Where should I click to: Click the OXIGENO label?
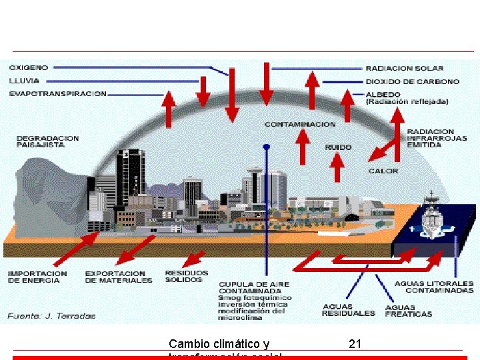click(29, 68)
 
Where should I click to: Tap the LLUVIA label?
click(24, 81)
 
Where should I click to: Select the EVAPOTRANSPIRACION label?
click(57, 94)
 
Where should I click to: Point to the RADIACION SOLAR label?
click(404, 69)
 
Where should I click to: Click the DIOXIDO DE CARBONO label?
click(412, 81)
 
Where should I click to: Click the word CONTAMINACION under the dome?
click(300, 125)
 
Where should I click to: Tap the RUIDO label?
click(339, 147)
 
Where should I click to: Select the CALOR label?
click(383, 171)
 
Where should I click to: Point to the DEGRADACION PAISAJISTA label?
click(47, 141)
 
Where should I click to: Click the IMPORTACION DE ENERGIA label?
click(37, 277)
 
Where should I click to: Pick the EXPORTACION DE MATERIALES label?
click(118, 277)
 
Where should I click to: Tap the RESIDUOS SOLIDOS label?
click(186, 276)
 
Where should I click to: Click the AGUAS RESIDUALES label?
click(348, 310)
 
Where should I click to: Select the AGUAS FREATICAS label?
click(408, 311)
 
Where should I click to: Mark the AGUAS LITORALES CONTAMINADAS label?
click(433, 287)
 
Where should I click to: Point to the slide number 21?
click(355, 344)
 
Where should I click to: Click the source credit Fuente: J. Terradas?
click(52, 316)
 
